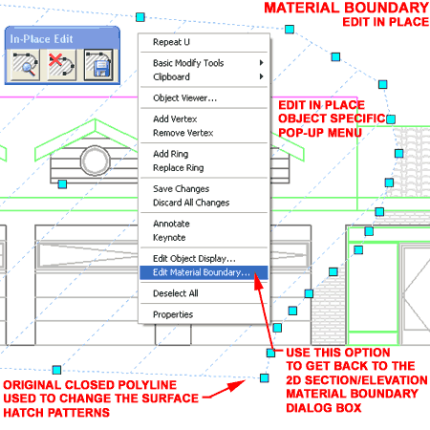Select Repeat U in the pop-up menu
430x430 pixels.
coord(171,42)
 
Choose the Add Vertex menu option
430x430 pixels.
coord(175,119)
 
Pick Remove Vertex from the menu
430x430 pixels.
coord(183,133)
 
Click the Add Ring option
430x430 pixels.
coord(170,154)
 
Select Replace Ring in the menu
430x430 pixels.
coord(178,168)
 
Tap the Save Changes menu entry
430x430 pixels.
coord(181,189)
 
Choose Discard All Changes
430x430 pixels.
coord(191,203)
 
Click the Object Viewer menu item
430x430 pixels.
coord(184,98)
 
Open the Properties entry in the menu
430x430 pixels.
coord(173,314)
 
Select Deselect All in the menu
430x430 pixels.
coord(176,293)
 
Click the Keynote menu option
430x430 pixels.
coord(169,238)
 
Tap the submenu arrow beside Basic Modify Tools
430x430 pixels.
coord(261,63)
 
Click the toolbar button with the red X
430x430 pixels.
coord(62,65)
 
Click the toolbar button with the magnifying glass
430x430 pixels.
coord(26,65)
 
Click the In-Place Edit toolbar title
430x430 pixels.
coord(41,39)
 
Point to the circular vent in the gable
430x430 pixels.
coord(96,161)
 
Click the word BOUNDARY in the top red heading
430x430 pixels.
coord(387,8)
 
